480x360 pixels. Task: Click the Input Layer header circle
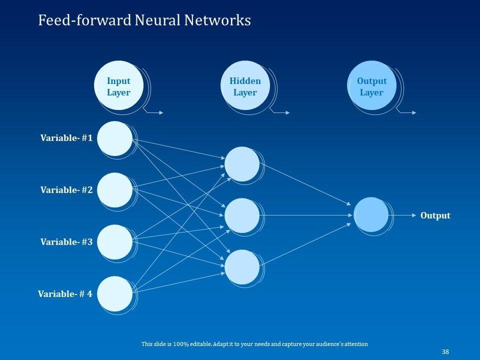[x=118, y=86]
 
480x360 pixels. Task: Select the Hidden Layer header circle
[x=245, y=86]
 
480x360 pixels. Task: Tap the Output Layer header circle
[x=371, y=86]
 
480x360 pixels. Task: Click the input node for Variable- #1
[x=114, y=138]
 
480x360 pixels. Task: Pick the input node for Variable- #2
[x=114, y=190]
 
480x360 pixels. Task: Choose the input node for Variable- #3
[x=114, y=242]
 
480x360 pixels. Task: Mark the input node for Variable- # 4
[x=114, y=294]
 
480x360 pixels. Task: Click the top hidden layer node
[x=242, y=164]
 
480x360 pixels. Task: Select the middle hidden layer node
[x=242, y=215]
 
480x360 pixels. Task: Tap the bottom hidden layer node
[x=242, y=267]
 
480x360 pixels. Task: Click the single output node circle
[x=371, y=215]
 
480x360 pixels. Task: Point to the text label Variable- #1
[x=66, y=138]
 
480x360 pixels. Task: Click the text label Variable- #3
[x=66, y=242]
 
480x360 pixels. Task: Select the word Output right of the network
[x=435, y=215]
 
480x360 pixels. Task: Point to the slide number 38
[x=445, y=352]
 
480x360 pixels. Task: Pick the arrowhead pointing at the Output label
[x=413, y=215]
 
